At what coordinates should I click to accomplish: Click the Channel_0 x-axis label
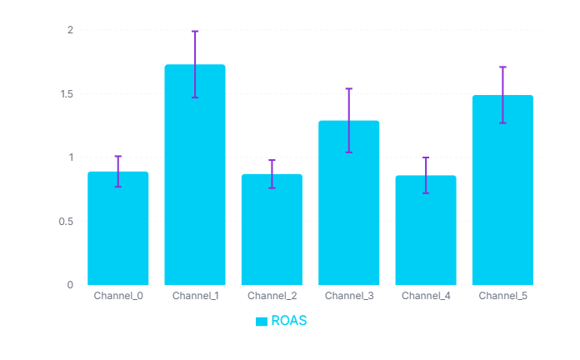(117, 296)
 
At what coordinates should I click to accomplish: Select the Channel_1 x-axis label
(195, 296)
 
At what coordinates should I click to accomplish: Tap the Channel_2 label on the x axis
(272, 296)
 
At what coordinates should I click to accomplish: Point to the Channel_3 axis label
(348, 296)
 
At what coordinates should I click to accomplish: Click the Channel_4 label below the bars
(426, 296)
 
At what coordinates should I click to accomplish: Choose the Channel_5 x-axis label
(502, 296)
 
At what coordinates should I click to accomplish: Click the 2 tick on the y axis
(70, 30)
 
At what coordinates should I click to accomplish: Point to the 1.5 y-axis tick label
(66, 94)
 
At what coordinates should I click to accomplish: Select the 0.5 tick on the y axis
(66, 222)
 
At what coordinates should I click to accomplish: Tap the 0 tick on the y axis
(70, 285)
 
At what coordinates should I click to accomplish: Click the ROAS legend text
(289, 321)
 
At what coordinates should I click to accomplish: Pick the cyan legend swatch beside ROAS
(262, 322)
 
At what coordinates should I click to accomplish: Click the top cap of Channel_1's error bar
(195, 31)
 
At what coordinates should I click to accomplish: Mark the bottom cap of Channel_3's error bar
(348, 152)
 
